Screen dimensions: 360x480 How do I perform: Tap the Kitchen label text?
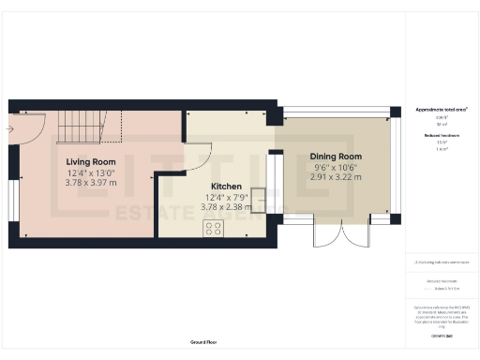pyautogui.click(x=227, y=186)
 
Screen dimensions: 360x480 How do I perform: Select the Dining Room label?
pyautogui.click(x=336, y=156)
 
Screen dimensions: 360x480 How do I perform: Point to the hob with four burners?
pyautogui.click(x=213, y=227)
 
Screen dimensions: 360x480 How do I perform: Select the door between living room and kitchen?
pyautogui.click(x=198, y=157)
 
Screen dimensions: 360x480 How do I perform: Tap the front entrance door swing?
pyautogui.click(x=18, y=136)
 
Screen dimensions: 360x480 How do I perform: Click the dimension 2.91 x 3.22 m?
pyautogui.click(x=336, y=176)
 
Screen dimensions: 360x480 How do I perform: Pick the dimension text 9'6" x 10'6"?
pyautogui.click(x=336, y=167)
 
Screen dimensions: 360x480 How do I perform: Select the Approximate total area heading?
pyautogui.click(x=442, y=110)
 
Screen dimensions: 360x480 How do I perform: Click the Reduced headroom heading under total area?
pyautogui.click(x=442, y=135)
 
